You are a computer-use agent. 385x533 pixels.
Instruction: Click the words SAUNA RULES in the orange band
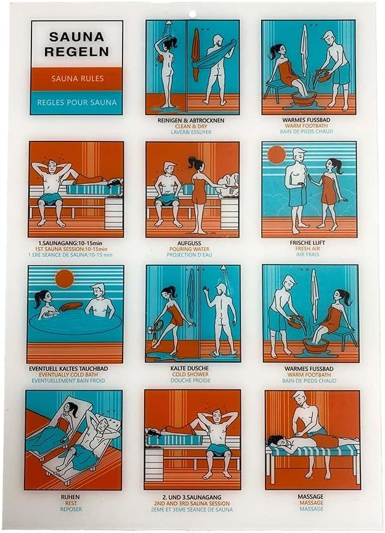point(78,79)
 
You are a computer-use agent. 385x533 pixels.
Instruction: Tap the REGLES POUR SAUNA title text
point(77,102)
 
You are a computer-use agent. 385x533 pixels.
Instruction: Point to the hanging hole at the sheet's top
point(192,14)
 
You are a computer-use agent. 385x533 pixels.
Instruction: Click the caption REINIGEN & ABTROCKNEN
point(191,121)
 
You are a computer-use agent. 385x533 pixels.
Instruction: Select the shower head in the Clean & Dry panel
point(169,25)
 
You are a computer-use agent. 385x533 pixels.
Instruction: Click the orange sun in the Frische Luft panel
point(277,155)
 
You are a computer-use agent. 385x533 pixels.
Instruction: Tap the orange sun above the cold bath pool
point(64,279)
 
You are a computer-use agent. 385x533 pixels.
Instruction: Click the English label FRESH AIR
point(307,249)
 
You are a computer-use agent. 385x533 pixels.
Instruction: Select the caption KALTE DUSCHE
point(190,368)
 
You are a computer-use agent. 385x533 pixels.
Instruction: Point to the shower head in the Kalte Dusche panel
point(224,269)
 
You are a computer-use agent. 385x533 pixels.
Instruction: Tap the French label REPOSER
point(71,509)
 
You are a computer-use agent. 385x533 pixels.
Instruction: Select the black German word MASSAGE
point(310,497)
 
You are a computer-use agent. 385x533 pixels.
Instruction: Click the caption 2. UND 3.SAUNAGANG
point(192,497)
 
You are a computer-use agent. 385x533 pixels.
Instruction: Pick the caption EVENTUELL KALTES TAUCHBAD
point(68,369)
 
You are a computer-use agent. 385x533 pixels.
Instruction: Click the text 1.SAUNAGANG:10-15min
point(70,243)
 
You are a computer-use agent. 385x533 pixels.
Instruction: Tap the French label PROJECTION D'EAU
point(190,255)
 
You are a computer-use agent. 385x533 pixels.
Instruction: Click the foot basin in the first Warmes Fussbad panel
point(304,98)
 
